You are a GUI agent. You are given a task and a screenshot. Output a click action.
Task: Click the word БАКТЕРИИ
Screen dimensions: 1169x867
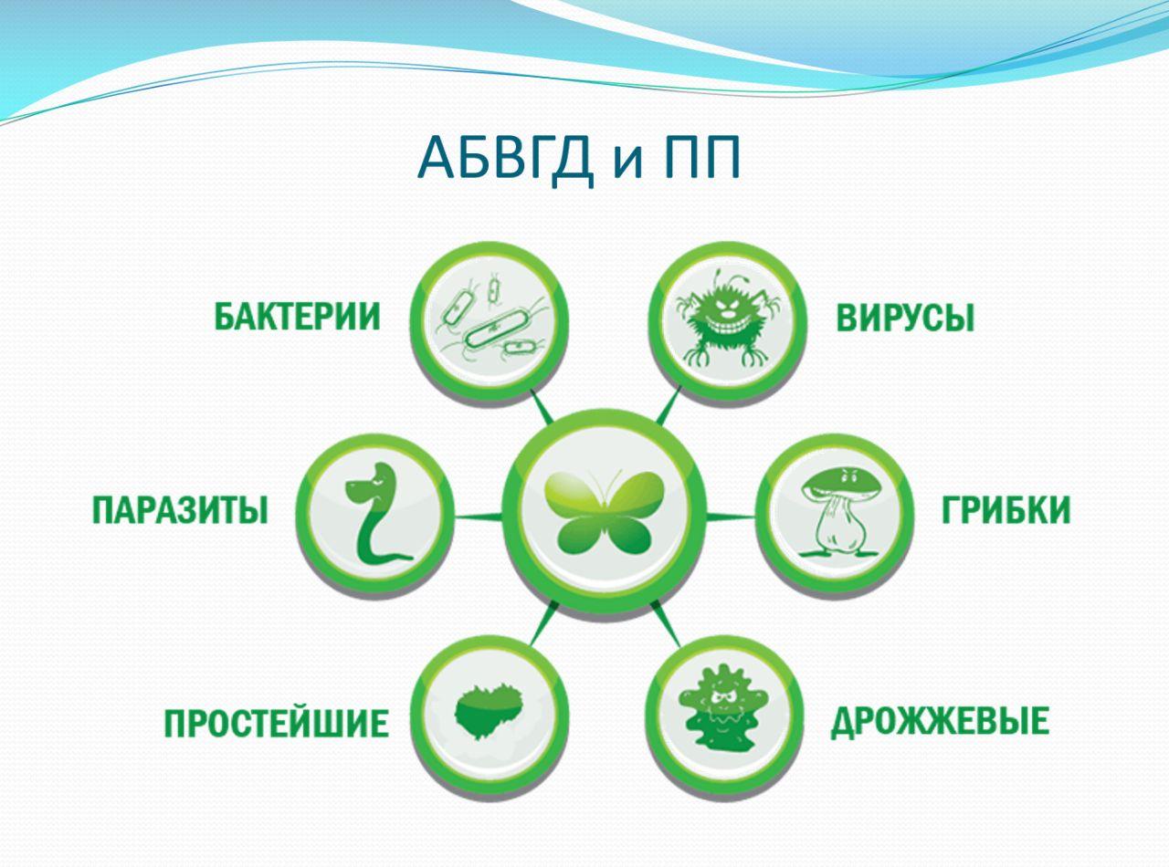(x=297, y=317)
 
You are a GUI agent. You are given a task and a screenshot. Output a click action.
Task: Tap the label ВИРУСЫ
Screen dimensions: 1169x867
(x=905, y=318)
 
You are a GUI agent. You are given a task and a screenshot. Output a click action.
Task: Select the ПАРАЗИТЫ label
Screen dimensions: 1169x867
(x=180, y=510)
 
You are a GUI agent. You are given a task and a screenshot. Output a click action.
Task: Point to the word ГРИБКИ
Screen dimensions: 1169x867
(x=1006, y=509)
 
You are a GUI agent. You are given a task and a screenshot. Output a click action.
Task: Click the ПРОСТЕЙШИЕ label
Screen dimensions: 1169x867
(x=276, y=723)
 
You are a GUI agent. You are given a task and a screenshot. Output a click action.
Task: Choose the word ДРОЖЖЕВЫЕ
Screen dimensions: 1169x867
(x=940, y=722)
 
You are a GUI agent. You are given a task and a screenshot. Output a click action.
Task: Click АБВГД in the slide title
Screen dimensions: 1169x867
(x=505, y=158)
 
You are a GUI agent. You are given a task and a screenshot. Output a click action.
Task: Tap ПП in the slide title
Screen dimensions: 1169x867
(x=702, y=157)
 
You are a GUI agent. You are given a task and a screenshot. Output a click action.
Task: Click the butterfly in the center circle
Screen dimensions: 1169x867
(x=604, y=513)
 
